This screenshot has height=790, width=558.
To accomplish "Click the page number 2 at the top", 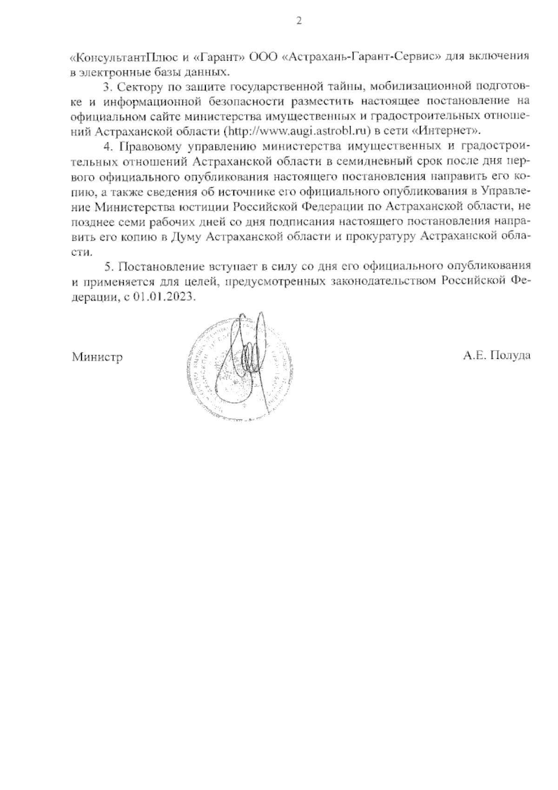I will click(298, 21).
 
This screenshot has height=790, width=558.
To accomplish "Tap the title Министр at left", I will click(97, 357).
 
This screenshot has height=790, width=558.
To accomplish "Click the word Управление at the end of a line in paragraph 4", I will click(504, 191).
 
